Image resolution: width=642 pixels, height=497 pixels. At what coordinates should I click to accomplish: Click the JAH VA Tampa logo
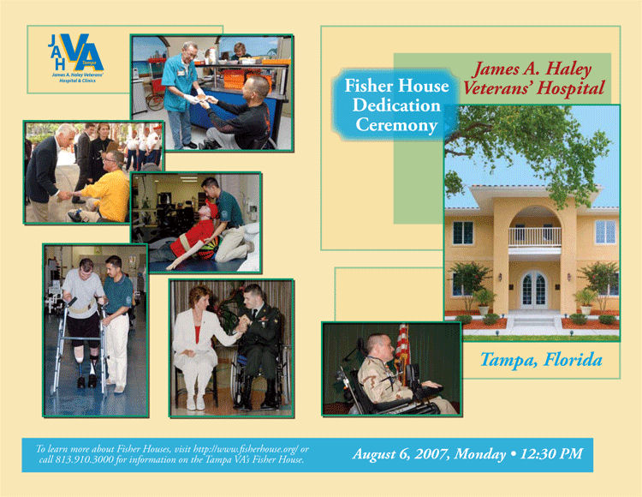(75, 58)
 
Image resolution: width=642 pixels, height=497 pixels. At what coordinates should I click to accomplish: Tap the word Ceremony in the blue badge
(396, 125)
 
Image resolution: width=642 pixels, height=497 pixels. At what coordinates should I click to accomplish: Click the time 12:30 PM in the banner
(551, 454)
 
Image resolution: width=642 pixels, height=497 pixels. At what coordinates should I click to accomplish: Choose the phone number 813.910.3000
(85, 459)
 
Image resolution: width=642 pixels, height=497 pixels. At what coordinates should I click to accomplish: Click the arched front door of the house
(534, 290)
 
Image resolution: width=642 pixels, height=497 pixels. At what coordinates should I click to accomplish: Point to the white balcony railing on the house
(535, 237)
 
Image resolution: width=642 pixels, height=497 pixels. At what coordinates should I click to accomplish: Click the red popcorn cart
(156, 85)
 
